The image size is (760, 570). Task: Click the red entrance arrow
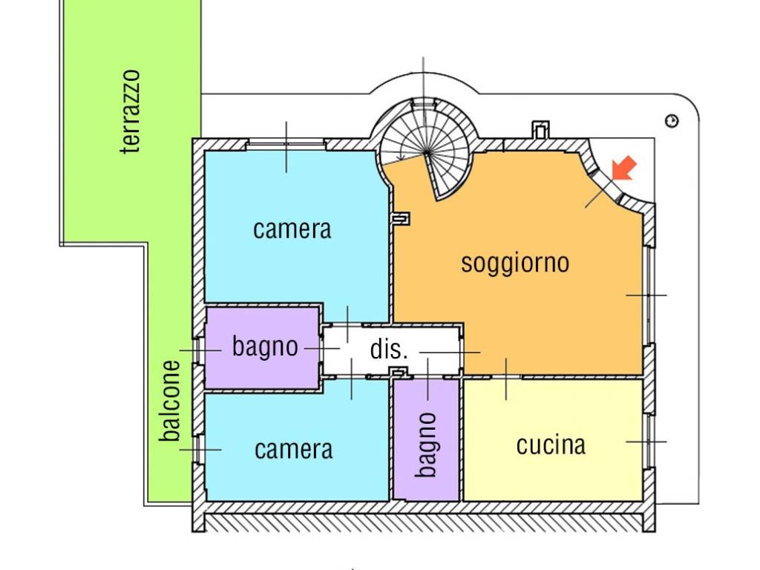click(x=623, y=168)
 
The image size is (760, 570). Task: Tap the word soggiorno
click(x=515, y=263)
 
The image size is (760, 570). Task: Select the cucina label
click(x=551, y=445)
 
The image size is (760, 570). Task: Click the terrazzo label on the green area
click(x=131, y=112)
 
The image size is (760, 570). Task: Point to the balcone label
click(x=170, y=401)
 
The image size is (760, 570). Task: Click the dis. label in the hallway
click(x=389, y=349)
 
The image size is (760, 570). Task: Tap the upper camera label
click(x=292, y=229)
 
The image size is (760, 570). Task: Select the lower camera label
click(x=294, y=450)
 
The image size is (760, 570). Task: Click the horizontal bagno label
click(x=265, y=347)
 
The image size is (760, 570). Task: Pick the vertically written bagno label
click(x=427, y=445)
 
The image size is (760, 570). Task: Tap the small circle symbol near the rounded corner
click(x=672, y=121)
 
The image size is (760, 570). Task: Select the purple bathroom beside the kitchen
click(x=426, y=439)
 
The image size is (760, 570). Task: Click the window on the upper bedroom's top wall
click(x=286, y=143)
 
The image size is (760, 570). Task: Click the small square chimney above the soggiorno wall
click(x=540, y=129)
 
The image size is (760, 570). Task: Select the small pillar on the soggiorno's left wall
click(x=401, y=219)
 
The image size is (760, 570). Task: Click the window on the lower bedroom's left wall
click(x=198, y=449)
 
